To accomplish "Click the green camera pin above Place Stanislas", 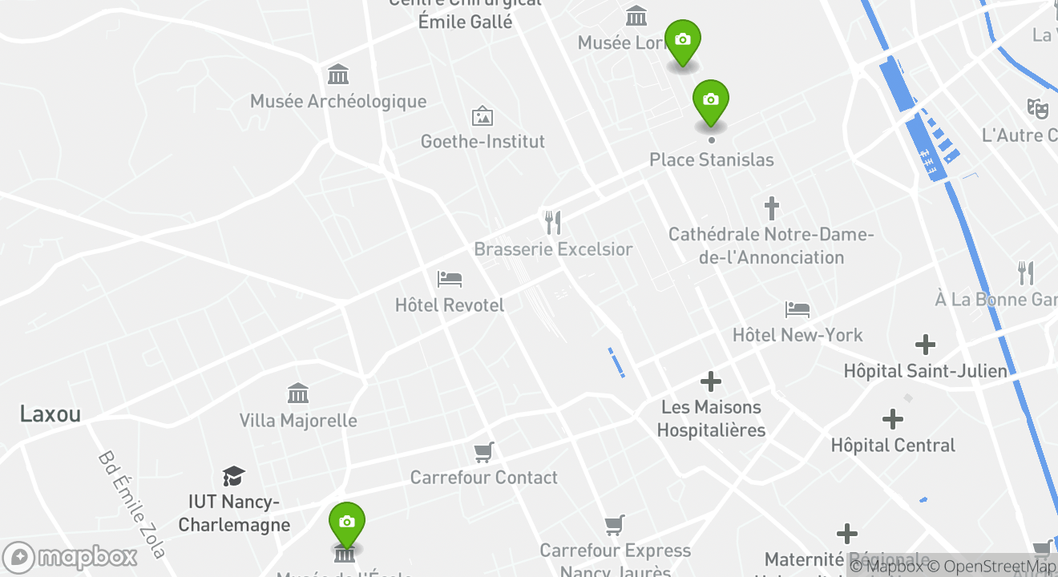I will pos(710,101).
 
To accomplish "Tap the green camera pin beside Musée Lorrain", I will pos(683,41).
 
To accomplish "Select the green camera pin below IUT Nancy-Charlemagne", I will pos(346,523).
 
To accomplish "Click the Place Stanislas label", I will pos(711,159).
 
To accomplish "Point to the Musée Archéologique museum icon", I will pos(338,75).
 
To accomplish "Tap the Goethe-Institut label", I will pos(483,142).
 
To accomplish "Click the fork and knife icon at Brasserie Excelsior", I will pos(552,222).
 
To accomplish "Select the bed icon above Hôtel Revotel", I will pos(450,279).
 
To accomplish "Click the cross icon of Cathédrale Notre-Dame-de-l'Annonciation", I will pos(771,208).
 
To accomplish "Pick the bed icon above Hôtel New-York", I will pos(798,309).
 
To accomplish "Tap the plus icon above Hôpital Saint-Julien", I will pos(926,345).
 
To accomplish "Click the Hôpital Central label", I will pos(893,446).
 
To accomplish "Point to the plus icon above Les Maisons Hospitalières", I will pos(711,381).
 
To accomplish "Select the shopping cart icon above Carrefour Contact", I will pos(483,452).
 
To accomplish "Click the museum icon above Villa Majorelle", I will pos(298,393).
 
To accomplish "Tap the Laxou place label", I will pos(50,414).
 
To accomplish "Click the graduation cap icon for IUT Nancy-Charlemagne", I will pos(233,476).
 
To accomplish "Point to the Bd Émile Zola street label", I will pos(132,505).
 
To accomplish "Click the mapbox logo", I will pos(71,557).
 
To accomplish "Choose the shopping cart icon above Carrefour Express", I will pos(615,525).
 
